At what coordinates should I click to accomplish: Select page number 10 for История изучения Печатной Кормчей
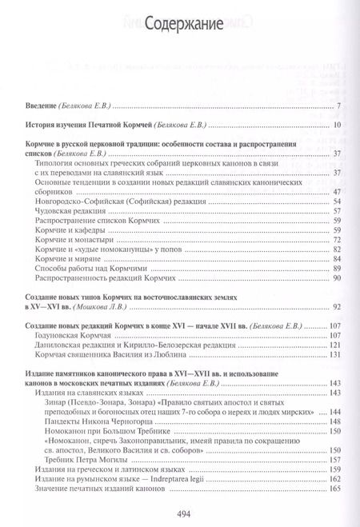338,126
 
